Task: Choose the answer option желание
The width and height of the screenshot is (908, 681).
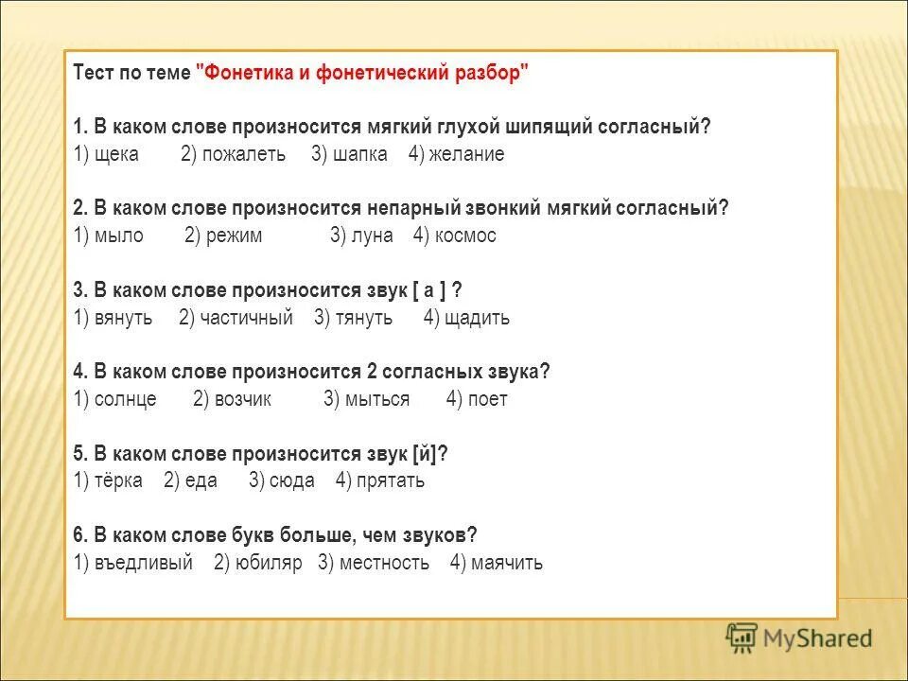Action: click(x=467, y=155)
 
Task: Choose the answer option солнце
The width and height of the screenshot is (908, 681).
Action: click(x=125, y=399)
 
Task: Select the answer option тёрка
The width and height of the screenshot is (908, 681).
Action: click(x=118, y=480)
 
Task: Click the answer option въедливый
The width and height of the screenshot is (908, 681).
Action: click(x=143, y=563)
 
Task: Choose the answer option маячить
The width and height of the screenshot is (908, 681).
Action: click(x=507, y=563)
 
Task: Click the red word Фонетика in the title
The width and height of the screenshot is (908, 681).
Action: click(x=244, y=74)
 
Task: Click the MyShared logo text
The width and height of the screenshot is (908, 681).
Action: click(x=819, y=638)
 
